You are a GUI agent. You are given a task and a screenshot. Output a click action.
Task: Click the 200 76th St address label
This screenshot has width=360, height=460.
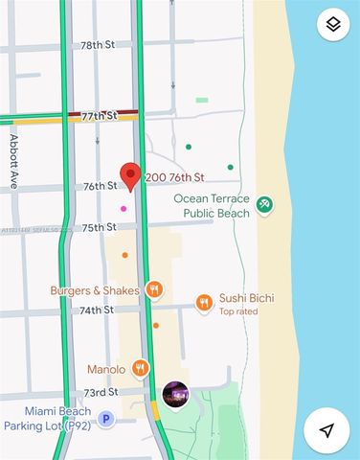[175, 177]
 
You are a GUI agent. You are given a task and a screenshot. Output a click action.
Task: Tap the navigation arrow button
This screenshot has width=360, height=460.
[327, 430]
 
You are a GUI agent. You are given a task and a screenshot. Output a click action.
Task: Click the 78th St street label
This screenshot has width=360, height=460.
[98, 45]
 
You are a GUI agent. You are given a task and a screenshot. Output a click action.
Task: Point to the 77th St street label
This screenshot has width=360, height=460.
[99, 116]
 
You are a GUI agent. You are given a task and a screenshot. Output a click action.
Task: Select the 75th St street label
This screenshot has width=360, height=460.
[99, 227]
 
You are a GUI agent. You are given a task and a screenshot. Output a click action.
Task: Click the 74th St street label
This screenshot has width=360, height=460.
[97, 310]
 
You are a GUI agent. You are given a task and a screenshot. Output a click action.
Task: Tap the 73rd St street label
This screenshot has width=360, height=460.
[100, 392]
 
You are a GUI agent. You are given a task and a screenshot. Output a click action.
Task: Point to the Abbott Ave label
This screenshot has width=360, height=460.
[14, 161]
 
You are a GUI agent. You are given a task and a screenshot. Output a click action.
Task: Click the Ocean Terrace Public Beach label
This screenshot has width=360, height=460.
[211, 206]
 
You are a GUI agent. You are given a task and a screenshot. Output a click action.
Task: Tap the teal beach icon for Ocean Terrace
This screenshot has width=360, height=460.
[265, 205]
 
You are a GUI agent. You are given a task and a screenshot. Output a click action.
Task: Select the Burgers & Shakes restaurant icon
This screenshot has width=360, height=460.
[154, 289]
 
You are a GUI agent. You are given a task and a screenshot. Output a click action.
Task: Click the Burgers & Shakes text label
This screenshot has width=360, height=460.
[95, 290]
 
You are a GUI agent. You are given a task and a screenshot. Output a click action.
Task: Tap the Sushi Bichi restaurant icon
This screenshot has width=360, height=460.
[204, 303]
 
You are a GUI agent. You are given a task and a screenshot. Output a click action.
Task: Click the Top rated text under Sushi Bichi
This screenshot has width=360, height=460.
[239, 311]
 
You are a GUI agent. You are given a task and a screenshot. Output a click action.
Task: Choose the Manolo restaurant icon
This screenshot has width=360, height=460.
[141, 368]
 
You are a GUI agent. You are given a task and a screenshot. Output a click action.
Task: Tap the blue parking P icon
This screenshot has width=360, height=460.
[106, 419]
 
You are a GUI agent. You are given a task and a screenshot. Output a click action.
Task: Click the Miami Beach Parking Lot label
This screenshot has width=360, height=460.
[47, 418]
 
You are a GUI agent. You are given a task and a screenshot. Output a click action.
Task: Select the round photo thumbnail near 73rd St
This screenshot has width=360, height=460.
[175, 394]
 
